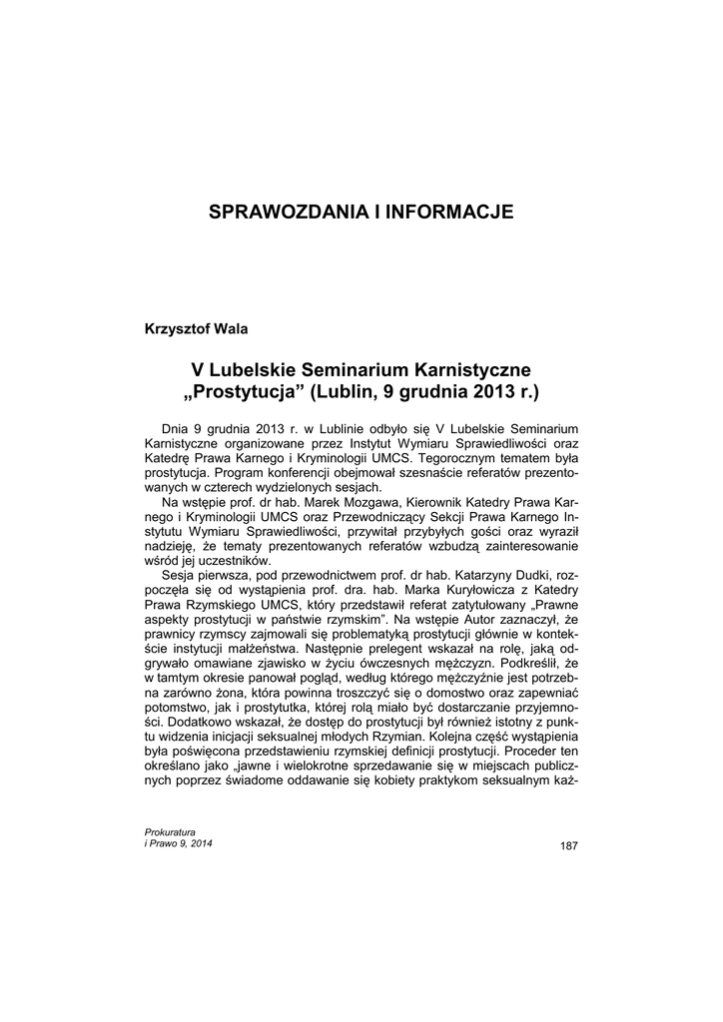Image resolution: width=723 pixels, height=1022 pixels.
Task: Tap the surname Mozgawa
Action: tap(370, 502)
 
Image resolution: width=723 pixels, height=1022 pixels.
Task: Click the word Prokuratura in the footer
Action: tap(170, 831)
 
